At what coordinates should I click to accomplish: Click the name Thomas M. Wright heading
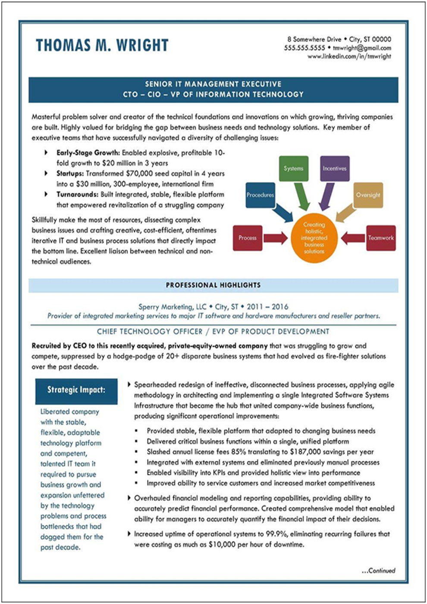pyautogui.click(x=102, y=45)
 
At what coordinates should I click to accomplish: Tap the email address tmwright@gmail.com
pyautogui.click(x=362, y=48)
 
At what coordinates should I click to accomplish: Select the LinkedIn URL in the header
pyautogui.click(x=349, y=57)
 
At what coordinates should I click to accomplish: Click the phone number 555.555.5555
pyautogui.click(x=304, y=48)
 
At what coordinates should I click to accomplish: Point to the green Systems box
pyautogui.click(x=293, y=169)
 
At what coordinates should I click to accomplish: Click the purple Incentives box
pyautogui.click(x=335, y=169)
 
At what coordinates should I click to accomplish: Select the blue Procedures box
pyautogui.click(x=260, y=195)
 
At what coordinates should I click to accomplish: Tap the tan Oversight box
pyautogui.click(x=368, y=195)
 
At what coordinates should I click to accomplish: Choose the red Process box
pyautogui.click(x=248, y=238)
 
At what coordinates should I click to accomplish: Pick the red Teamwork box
pyautogui.click(x=381, y=238)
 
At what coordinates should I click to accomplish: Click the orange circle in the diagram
pyautogui.click(x=314, y=238)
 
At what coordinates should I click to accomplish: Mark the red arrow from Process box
pyautogui.click(x=275, y=238)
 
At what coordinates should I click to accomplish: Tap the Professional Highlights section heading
pyautogui.click(x=213, y=285)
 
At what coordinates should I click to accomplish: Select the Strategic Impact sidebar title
pyautogui.click(x=76, y=390)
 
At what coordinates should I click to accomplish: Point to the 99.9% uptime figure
pyautogui.click(x=276, y=534)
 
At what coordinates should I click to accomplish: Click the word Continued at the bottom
pyautogui.click(x=381, y=570)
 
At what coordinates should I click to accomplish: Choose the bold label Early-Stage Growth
pyautogui.click(x=88, y=153)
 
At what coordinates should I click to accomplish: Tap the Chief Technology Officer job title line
pyautogui.click(x=213, y=332)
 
